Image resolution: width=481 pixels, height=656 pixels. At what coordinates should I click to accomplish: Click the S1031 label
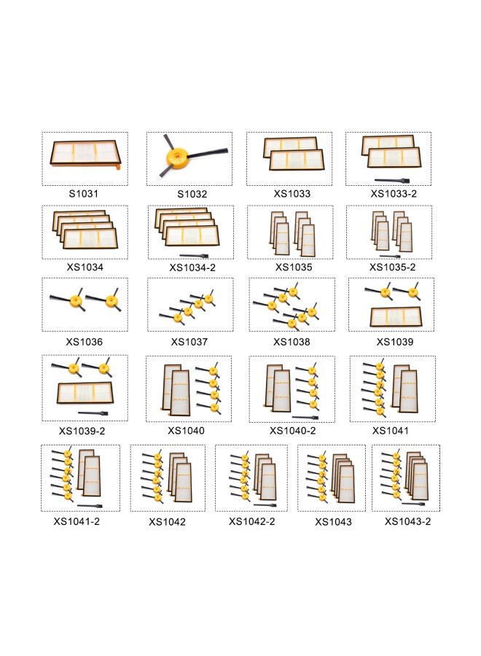(84, 195)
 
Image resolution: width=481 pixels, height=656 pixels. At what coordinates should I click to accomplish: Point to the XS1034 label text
(85, 268)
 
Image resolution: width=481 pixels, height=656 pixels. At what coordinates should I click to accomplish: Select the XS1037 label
(189, 342)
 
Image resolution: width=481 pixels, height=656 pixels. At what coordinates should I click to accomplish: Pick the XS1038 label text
(292, 342)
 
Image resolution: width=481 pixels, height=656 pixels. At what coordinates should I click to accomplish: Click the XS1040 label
(186, 431)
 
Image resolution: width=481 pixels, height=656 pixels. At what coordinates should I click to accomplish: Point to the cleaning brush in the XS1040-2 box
(305, 418)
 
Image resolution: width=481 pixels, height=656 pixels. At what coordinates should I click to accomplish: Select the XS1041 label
(391, 431)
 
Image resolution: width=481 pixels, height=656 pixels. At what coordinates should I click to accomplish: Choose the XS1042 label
(167, 522)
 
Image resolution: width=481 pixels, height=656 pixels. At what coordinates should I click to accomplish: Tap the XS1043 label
(333, 522)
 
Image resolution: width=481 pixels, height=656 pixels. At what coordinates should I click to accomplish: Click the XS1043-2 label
(407, 522)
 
